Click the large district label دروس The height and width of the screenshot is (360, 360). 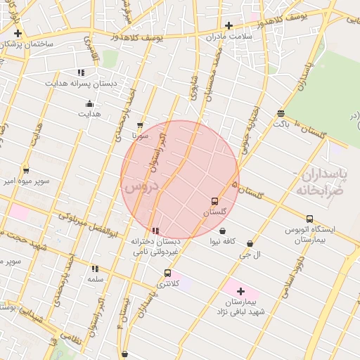click(x=140, y=187)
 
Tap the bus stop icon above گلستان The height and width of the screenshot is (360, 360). click(x=215, y=201)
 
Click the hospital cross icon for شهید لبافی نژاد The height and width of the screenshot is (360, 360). click(x=240, y=291)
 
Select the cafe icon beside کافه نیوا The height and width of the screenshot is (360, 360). click(x=222, y=231)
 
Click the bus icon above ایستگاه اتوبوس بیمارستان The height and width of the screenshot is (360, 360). click(x=310, y=219)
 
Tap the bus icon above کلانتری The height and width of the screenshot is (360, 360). click(x=167, y=273)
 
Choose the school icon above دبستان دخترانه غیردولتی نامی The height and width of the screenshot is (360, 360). click(x=155, y=230)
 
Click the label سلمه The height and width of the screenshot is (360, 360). click(x=96, y=279)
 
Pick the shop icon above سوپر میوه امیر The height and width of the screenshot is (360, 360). click(x=26, y=169)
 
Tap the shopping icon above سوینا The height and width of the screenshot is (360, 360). click(x=140, y=124)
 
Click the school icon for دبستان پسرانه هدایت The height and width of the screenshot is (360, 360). click(x=82, y=72)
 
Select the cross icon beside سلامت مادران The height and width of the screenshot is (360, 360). click(x=229, y=25)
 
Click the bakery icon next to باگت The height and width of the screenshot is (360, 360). click(x=281, y=113)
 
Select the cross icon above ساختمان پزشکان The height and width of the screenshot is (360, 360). click(x=18, y=33)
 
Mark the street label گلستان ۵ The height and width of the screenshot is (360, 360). click(x=247, y=190)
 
